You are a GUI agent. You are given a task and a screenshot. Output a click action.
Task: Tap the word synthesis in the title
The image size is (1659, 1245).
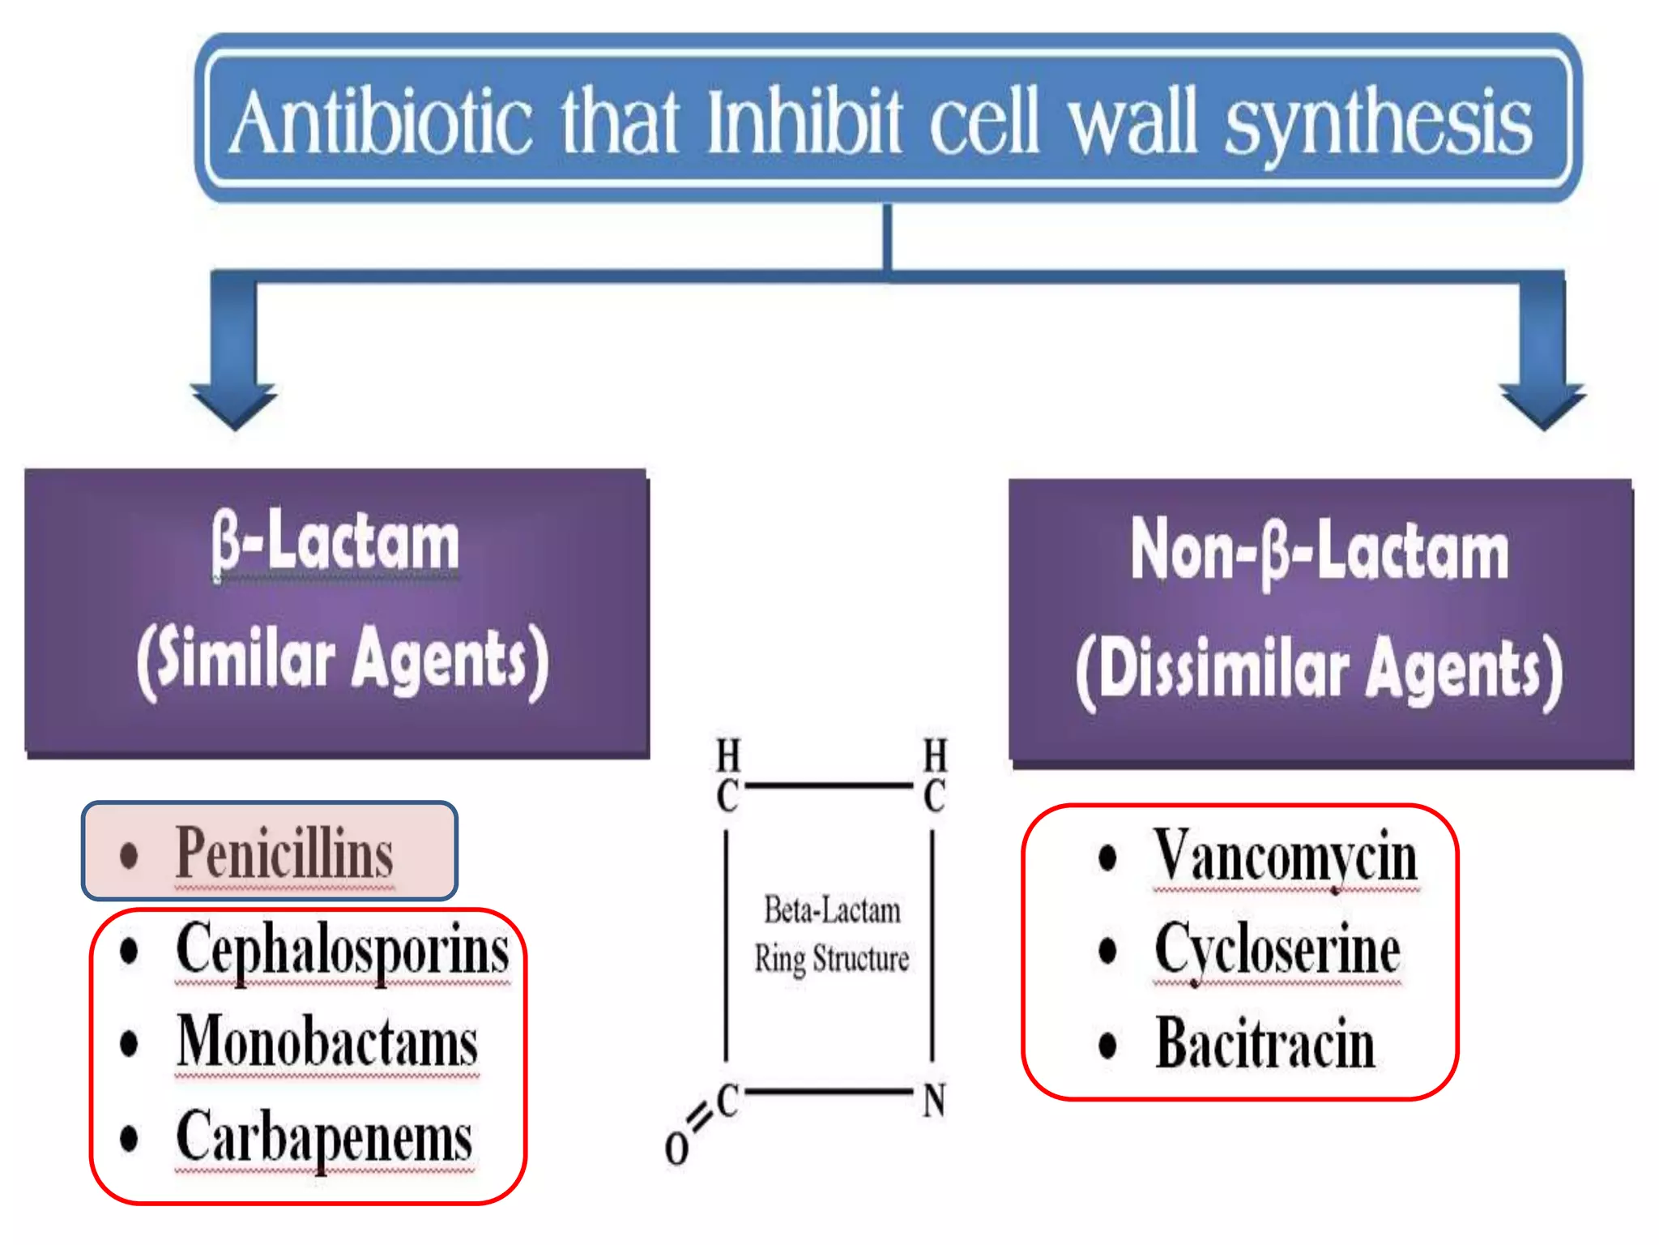1377,123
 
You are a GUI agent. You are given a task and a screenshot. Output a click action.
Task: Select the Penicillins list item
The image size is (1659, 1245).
284,853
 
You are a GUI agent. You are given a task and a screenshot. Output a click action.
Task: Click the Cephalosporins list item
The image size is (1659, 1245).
342,950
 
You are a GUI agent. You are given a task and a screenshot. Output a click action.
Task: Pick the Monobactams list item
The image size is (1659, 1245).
327,1043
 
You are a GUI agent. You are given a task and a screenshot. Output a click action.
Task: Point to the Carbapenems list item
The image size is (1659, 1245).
324,1137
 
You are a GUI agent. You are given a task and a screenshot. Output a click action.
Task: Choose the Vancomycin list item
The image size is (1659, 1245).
1285,856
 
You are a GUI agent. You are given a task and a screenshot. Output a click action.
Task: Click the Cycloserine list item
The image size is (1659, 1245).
1277,950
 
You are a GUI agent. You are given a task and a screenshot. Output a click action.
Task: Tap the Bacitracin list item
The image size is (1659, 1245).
1265,1044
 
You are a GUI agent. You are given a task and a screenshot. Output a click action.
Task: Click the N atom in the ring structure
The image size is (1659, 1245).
934,1101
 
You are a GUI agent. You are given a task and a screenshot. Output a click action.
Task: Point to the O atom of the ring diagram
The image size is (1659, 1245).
676,1148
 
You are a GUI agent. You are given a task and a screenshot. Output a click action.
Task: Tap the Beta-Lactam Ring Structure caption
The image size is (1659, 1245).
831,935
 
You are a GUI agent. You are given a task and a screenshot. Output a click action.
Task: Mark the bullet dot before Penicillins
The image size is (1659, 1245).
129,855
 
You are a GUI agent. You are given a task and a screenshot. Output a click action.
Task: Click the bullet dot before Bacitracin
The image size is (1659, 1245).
1107,1045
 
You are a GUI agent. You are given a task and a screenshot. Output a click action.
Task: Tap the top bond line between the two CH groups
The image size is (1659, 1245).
829,785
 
